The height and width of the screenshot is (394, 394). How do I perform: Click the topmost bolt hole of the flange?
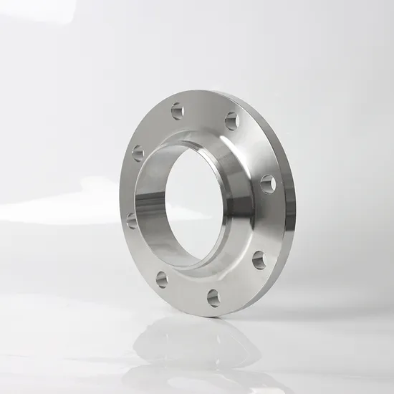(178, 110)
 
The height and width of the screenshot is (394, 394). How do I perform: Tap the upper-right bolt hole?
(232, 121)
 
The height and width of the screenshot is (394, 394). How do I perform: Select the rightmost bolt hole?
(268, 183)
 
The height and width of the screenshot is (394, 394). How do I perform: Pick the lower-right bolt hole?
(259, 260)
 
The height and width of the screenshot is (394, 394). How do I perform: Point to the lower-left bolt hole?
(162, 279)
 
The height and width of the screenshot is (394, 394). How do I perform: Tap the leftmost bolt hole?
(132, 220)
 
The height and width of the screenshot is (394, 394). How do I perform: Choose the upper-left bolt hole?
(138, 153)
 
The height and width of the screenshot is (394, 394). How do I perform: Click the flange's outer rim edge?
(288, 215)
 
